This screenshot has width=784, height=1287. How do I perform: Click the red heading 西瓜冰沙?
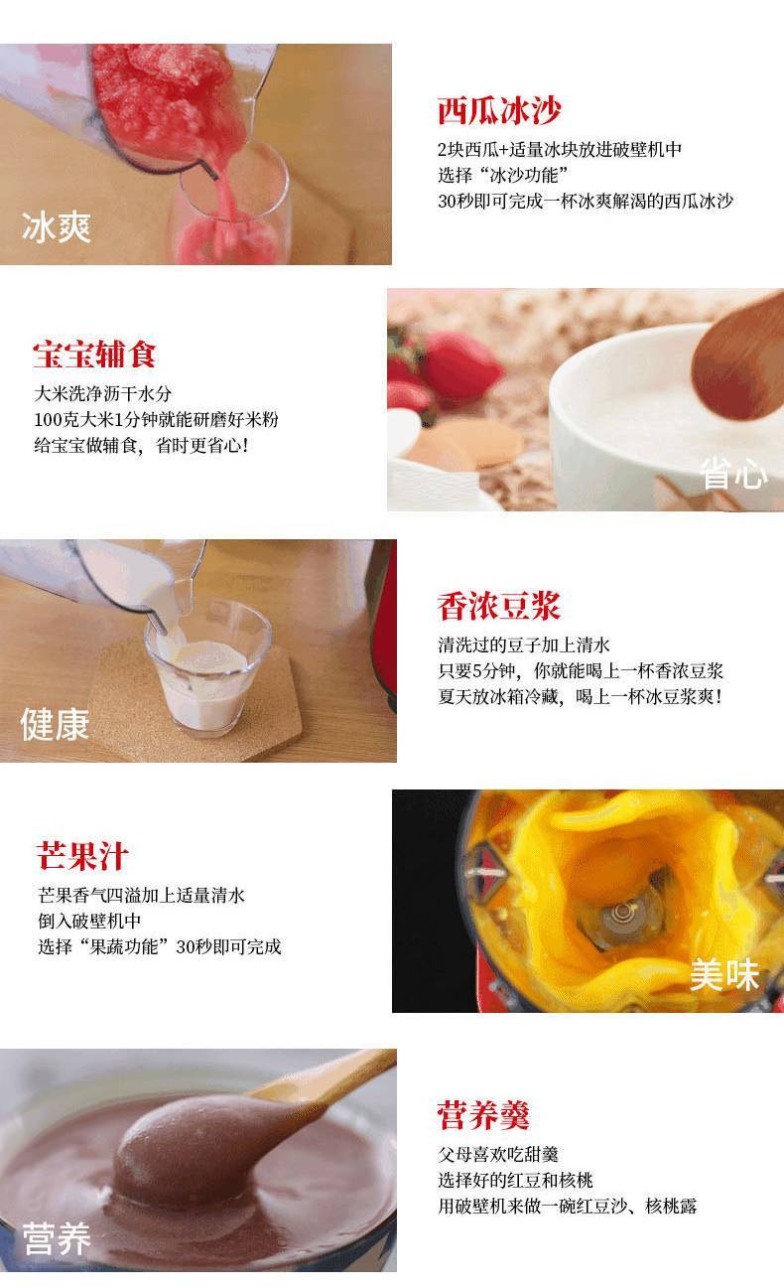pos(498,110)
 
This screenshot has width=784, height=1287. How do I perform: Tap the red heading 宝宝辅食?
pos(94,354)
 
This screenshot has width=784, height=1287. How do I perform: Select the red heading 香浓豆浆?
pos(498,606)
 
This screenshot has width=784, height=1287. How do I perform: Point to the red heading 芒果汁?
pos(82,856)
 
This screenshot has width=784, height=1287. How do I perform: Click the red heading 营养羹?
pos(483,1116)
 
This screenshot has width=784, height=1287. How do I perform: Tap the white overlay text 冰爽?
pos(57,227)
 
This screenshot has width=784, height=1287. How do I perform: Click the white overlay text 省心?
pos(733,474)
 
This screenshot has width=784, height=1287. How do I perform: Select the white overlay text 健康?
pos(56,724)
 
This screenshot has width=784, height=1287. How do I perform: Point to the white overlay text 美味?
pos(724,974)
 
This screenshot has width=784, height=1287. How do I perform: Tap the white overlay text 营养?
pos(57,1238)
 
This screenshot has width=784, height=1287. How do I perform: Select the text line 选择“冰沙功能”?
pos(503,175)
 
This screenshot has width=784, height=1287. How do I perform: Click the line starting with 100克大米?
pos(156,419)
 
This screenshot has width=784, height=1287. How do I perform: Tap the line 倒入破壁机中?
pos(89,921)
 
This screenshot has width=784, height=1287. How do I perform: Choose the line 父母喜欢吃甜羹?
pos(498,1154)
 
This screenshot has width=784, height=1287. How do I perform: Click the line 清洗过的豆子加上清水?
pos(524,644)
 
